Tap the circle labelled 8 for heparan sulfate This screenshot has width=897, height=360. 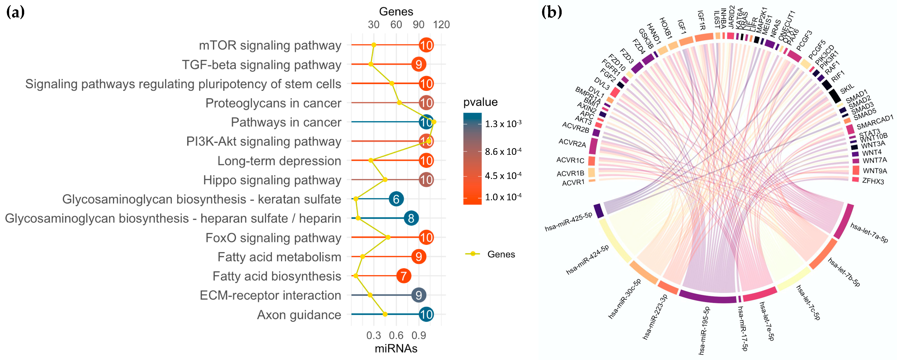pos(411,218)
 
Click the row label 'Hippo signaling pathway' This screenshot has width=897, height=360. pos(272,180)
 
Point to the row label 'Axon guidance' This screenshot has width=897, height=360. pos(299,315)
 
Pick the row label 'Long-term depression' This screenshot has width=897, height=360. pos(279,161)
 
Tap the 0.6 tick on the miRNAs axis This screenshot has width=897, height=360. pos(396,335)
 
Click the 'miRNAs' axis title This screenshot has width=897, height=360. pos(396,348)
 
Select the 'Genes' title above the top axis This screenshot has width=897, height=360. pos(396,12)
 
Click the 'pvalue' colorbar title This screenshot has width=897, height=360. pos(480,102)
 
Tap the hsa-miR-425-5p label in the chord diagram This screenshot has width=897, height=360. pos(568,222)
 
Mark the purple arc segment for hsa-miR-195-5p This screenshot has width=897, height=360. pos(707,298)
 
